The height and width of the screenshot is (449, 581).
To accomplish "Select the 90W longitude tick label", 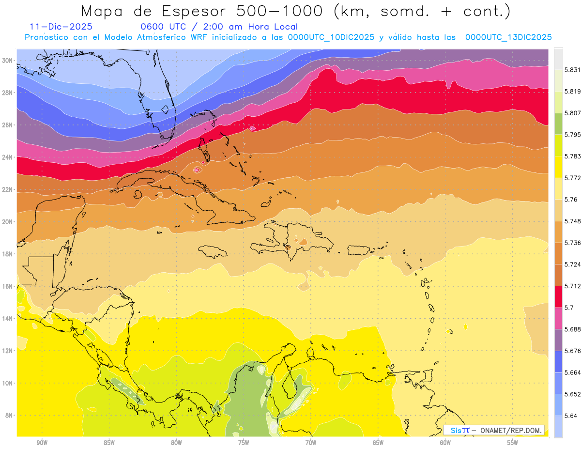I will (x=42, y=443).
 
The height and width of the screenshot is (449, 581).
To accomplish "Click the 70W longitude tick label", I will (x=311, y=443).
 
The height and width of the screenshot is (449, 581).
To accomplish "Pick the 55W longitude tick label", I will (x=513, y=443).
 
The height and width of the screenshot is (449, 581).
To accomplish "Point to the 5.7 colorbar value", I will (x=569, y=308).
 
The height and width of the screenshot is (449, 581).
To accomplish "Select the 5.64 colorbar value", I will (x=571, y=416).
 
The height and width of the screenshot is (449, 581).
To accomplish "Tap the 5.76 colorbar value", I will (x=571, y=200).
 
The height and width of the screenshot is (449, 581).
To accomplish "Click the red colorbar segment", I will (x=558, y=296).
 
